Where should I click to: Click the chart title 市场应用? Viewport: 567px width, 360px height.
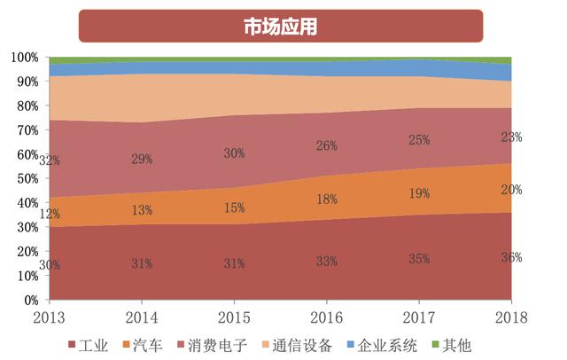[282, 27]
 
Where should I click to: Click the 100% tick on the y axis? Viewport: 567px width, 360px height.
[24, 58]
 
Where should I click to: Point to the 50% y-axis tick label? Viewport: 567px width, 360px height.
[27, 179]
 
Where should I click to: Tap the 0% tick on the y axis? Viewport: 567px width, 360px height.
[30, 301]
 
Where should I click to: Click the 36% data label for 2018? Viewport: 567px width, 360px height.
[511, 258]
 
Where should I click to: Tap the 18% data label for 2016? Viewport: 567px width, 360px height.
[327, 200]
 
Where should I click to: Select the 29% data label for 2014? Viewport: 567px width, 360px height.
[142, 159]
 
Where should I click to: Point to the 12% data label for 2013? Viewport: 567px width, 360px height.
[50, 215]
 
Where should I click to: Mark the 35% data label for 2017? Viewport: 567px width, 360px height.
[419, 259]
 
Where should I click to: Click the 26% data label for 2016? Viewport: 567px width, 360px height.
[327, 146]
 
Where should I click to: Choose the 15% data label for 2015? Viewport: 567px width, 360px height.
[234, 207]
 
